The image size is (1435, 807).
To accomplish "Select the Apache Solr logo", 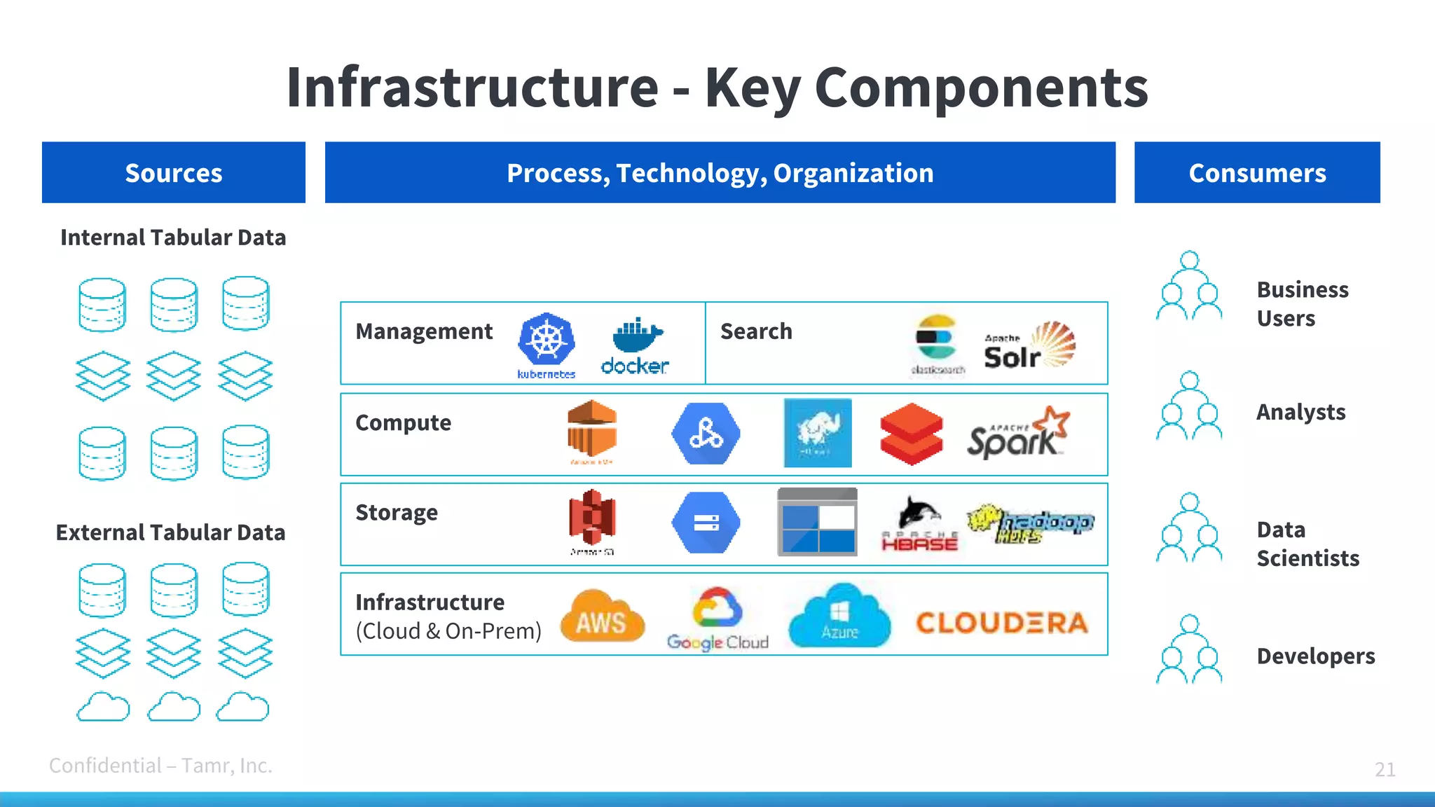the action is click(x=1029, y=346).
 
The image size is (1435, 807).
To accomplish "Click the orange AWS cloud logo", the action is click(x=602, y=616).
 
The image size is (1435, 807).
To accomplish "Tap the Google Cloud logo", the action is click(x=717, y=619).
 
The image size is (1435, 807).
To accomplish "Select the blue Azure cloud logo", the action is click(x=839, y=616).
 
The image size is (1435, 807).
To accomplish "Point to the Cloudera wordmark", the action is click(x=1002, y=623).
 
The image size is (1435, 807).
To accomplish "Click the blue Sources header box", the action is click(x=174, y=172).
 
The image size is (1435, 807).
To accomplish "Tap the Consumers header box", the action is click(x=1257, y=172).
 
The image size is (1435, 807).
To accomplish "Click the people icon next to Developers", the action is click(x=1189, y=649).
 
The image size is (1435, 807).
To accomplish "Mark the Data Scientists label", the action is click(x=1307, y=544).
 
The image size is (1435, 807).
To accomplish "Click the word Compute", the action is click(x=403, y=423).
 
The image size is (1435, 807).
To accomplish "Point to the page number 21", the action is click(x=1385, y=769).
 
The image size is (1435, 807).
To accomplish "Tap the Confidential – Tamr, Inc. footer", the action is click(x=160, y=766).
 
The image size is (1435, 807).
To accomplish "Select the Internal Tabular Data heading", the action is click(x=173, y=237).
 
